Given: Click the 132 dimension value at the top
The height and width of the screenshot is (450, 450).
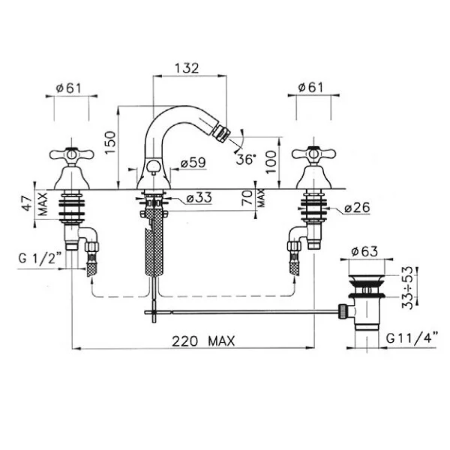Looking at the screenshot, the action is tap(187, 68).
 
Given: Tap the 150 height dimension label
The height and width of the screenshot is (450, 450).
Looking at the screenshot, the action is tap(110, 142).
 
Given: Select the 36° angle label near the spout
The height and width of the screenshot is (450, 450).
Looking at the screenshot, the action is tap(246, 159).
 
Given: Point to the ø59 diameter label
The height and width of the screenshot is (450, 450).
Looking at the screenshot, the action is tap(193, 163).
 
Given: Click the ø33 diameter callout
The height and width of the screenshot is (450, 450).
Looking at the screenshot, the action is tap(199, 198).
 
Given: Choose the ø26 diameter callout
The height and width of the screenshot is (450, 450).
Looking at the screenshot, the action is tap(357, 208).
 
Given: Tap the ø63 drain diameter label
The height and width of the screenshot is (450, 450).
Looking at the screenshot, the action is tap(364, 251).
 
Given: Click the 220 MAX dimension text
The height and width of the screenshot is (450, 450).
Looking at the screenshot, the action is tap(203, 341).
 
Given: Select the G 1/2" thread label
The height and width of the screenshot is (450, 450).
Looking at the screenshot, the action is tap(40, 258).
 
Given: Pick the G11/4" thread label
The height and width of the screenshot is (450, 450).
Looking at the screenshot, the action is tap(412, 338).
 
